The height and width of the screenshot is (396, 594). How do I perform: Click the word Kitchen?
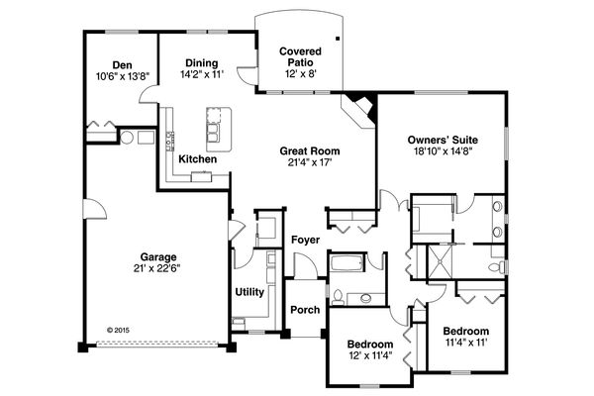[198, 158]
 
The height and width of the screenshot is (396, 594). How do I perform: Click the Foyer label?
[304, 240]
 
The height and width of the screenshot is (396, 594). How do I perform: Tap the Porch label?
[305, 310]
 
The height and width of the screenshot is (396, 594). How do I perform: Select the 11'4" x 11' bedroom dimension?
[466, 343]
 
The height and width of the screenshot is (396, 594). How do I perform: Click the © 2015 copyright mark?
[117, 331]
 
